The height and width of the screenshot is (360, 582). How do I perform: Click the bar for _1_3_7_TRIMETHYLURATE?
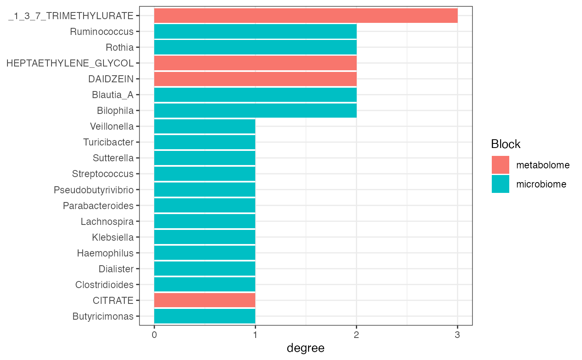pyautogui.click(x=306, y=16)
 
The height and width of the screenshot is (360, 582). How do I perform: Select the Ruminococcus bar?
pyautogui.click(x=255, y=32)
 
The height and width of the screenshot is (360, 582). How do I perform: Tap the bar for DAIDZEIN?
pyautogui.click(x=255, y=79)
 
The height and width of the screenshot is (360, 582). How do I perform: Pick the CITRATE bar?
pyautogui.click(x=205, y=300)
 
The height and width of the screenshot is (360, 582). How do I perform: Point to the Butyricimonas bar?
pyautogui.click(x=205, y=316)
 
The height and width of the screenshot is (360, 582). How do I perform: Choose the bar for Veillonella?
pyautogui.click(x=205, y=126)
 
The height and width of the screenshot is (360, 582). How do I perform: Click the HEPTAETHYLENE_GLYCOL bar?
pyautogui.click(x=255, y=63)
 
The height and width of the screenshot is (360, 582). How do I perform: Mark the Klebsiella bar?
pyautogui.click(x=205, y=237)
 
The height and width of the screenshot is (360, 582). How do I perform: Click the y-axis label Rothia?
pyautogui.click(x=120, y=47)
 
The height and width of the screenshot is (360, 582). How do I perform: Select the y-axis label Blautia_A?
pyautogui.click(x=113, y=95)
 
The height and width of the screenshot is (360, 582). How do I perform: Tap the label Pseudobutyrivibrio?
pyautogui.click(x=94, y=190)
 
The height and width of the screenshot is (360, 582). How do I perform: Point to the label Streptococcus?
pyautogui.click(x=103, y=174)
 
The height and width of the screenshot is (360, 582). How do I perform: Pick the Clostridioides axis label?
pyautogui.click(x=104, y=284)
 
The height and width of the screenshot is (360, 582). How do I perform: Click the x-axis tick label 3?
pyautogui.click(x=457, y=334)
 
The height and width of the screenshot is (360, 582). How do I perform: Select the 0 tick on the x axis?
pyautogui.click(x=154, y=334)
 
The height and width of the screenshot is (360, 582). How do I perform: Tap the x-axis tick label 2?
pyautogui.click(x=356, y=334)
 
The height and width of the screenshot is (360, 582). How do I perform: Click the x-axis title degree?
pyautogui.click(x=306, y=348)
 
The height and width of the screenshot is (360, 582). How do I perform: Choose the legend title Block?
pyautogui.click(x=506, y=144)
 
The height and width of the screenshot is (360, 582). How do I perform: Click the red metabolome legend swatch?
pyautogui.click(x=500, y=165)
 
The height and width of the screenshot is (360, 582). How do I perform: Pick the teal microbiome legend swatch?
pyautogui.click(x=500, y=184)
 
